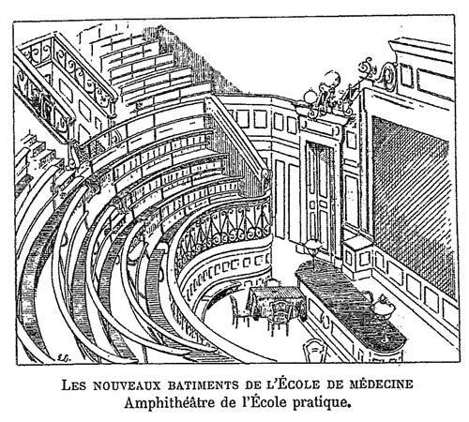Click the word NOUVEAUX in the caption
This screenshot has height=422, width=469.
click(x=127, y=385)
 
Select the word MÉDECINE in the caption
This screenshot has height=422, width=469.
click(x=381, y=384)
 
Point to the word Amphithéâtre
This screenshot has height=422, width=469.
click(x=171, y=403)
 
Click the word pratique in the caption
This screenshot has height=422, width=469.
click(x=321, y=403)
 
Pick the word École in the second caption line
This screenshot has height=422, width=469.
click(x=268, y=402)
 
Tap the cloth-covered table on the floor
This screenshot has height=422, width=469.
click(x=275, y=299)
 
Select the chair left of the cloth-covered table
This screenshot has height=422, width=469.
click(x=238, y=311)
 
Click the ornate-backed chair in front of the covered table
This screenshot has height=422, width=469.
click(x=280, y=317)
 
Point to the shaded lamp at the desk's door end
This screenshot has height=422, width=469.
click(x=313, y=247)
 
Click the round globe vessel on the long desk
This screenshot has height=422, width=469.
click(x=384, y=307)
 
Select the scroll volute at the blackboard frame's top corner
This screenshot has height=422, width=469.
click(x=388, y=76)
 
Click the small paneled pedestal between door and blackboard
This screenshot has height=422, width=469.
click(x=356, y=257)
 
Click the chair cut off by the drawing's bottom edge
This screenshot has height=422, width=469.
click(x=316, y=351)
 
